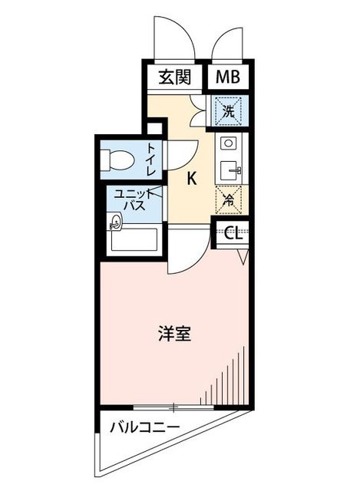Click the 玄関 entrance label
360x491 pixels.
(x=174, y=77)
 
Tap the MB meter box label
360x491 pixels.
(x=228, y=77)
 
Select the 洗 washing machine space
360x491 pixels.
(x=229, y=111)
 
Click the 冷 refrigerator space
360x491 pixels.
(x=229, y=199)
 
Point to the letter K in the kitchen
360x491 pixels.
(x=191, y=179)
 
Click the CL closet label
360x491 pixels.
(x=234, y=232)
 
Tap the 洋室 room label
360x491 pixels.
(x=174, y=334)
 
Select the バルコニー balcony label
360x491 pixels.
(x=144, y=427)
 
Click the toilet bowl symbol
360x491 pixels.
(x=117, y=160)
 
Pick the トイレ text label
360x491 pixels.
(x=151, y=159)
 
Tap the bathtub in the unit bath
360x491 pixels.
(x=134, y=239)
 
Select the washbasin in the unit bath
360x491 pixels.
(x=114, y=222)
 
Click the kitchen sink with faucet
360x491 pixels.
(x=230, y=171)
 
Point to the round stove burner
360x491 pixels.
(x=228, y=143)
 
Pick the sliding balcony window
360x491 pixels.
(x=173, y=407)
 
